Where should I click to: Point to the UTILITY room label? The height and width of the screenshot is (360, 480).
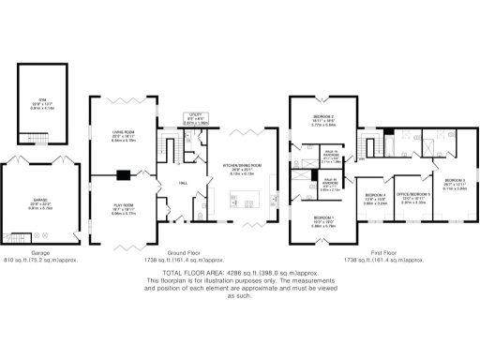coord(195,115)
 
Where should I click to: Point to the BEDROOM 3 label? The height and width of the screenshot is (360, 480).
coord(454,182)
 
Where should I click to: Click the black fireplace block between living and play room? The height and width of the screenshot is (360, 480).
coord(122,173)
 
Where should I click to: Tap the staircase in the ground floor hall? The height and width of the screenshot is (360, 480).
coord(170,148)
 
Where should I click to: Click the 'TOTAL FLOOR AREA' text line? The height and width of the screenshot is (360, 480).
coord(240,271)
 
